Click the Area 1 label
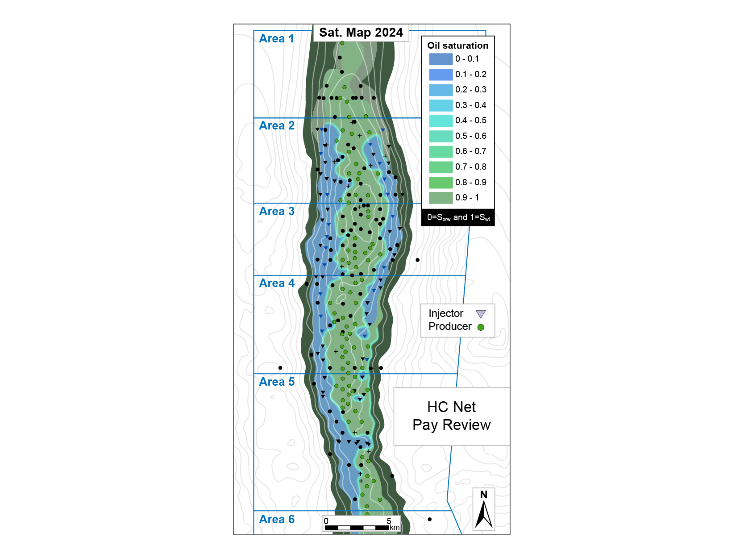[276, 39]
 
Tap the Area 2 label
[276, 126]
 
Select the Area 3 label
[276, 212]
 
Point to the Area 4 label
[276, 283]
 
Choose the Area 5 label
[276, 382]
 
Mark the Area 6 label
[276, 520]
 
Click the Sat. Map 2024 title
[361, 33]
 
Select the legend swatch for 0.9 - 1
[441, 198]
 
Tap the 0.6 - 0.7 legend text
[470, 151]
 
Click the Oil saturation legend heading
[457, 46]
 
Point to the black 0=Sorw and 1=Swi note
[458, 217]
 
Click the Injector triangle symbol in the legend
[480, 314]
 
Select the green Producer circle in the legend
[481, 327]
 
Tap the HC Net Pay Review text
[451, 416]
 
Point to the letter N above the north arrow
[484, 495]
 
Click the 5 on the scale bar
[389, 521]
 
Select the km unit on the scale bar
[395, 528]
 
